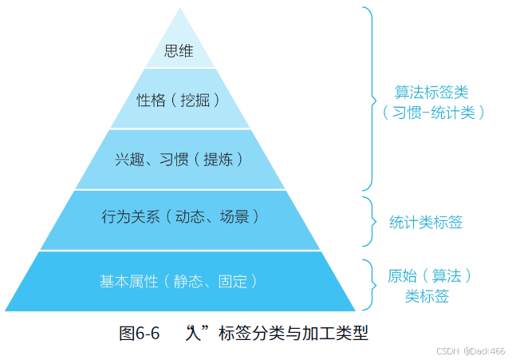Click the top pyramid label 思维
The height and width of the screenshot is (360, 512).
(x=179, y=52)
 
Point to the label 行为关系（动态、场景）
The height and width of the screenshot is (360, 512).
(x=180, y=216)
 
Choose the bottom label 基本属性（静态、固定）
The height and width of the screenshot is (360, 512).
(x=179, y=280)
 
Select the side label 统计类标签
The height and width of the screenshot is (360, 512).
(x=425, y=222)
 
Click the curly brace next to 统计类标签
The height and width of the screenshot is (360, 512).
(x=368, y=221)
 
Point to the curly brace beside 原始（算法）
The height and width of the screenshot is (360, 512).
(x=368, y=285)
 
